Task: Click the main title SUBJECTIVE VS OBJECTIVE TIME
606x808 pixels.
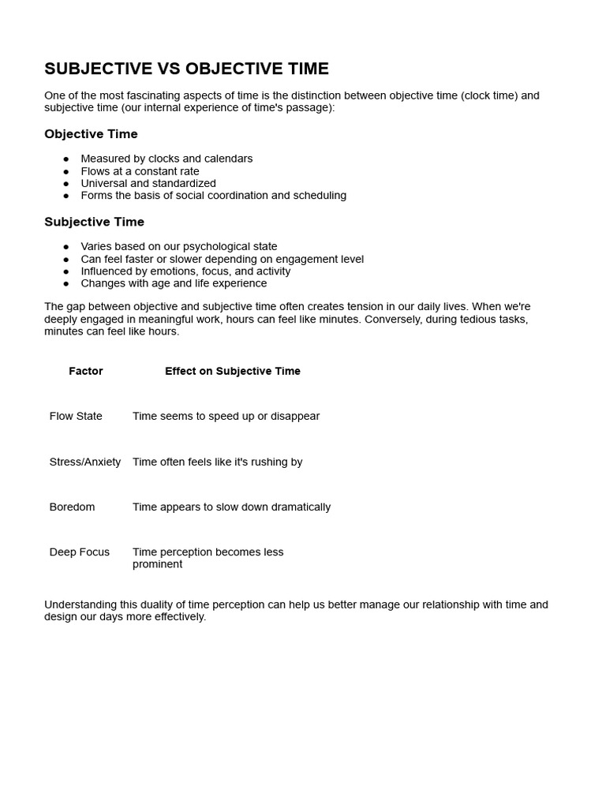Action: (186, 69)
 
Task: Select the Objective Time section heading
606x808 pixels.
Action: (91, 134)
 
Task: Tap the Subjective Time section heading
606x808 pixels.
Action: (94, 222)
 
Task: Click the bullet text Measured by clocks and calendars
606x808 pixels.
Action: (166, 159)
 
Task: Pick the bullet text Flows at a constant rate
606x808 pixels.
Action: (140, 171)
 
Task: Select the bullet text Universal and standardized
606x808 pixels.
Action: (148, 183)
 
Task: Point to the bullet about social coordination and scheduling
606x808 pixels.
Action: (213, 196)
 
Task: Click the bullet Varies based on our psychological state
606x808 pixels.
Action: (178, 246)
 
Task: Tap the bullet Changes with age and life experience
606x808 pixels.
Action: (174, 283)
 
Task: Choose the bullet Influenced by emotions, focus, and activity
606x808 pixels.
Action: (185, 271)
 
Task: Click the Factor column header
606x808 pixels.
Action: (86, 371)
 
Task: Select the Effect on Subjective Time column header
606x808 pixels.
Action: (233, 371)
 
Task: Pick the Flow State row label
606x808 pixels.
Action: (76, 416)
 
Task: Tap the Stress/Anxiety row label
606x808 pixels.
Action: (85, 462)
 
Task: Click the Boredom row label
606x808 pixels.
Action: (72, 507)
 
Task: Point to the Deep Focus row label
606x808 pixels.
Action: (80, 552)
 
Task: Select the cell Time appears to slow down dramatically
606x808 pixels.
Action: (231, 507)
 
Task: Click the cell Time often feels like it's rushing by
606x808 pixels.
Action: (217, 462)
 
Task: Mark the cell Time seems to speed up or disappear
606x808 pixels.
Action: (226, 416)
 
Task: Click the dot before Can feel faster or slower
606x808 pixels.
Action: (66, 259)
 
